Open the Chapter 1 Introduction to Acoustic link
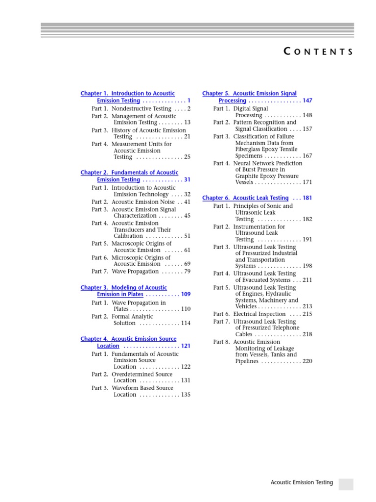click(128, 93)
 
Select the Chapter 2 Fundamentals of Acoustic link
click(129, 173)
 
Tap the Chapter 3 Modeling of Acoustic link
click(124, 287)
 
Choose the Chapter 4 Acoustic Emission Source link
click(129, 339)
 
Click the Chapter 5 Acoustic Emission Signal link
click(249, 93)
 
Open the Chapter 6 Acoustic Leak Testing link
click(245, 198)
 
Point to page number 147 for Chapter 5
click(307, 100)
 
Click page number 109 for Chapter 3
click(186, 295)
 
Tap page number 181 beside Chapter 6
click(307, 198)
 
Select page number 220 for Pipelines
click(307, 361)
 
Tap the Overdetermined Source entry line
click(142, 374)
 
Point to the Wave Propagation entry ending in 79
click(135, 271)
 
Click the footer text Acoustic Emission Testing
click(302, 482)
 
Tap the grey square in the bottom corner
click(346, 484)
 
